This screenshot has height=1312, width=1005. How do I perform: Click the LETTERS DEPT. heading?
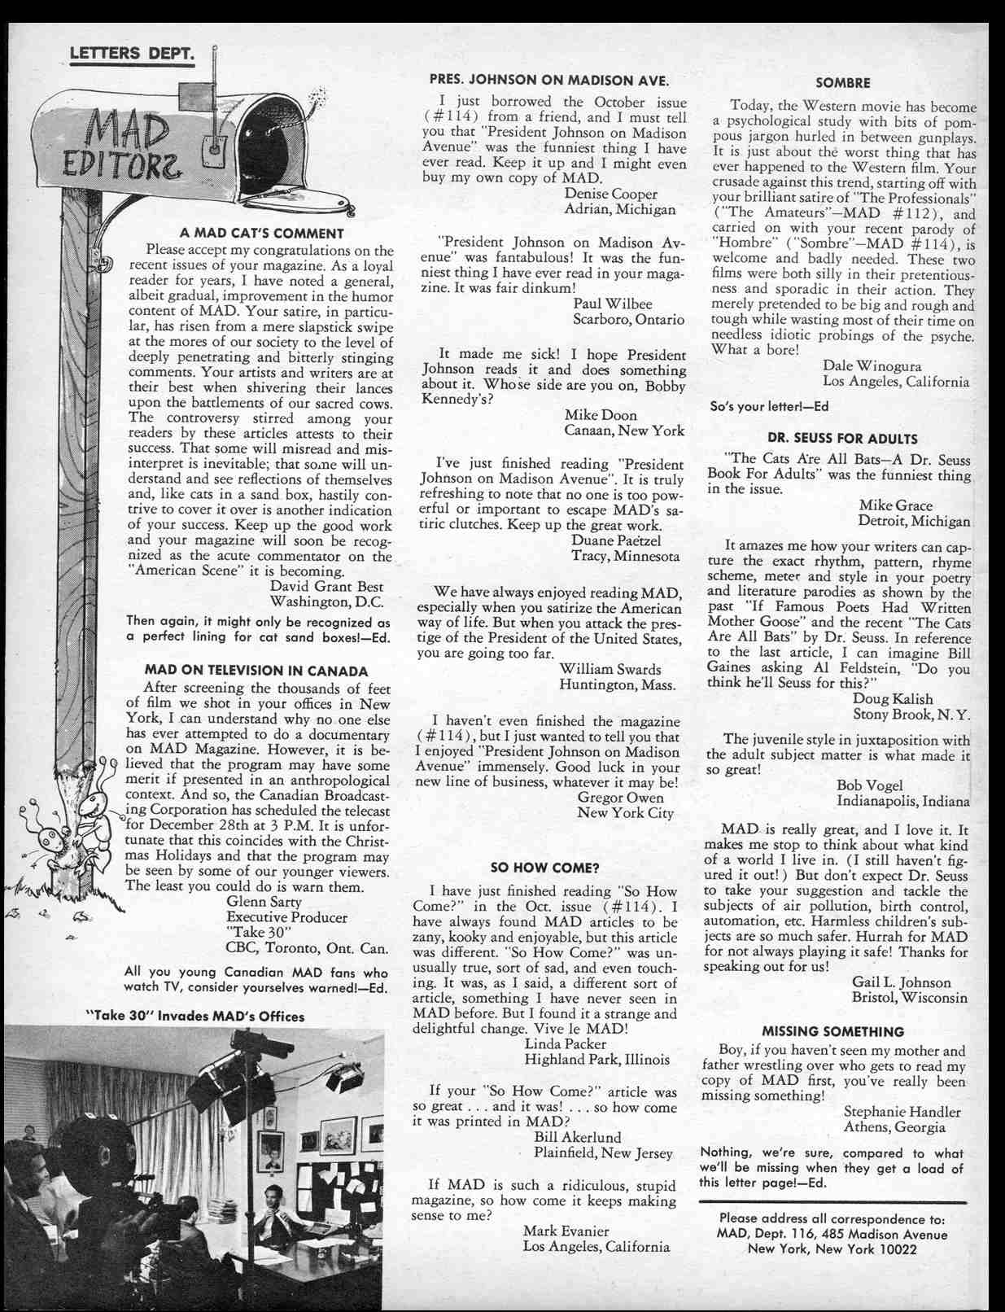click(x=131, y=54)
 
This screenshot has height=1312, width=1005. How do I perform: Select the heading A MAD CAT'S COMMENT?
click(x=261, y=234)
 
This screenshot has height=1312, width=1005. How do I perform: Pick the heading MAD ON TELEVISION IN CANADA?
click(x=256, y=671)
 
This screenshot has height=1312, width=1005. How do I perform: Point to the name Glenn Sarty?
click(x=264, y=902)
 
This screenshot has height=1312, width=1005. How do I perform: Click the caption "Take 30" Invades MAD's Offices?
click(x=195, y=1016)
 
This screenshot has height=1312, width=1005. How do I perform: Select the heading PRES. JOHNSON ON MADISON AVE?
click(x=549, y=80)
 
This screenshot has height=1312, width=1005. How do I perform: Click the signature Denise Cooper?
click(x=610, y=194)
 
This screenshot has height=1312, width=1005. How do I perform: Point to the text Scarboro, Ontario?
click(x=628, y=319)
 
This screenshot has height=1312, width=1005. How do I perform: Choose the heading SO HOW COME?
click(x=544, y=867)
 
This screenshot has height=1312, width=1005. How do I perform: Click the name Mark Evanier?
click(x=566, y=1231)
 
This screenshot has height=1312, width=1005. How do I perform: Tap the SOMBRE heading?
click(x=842, y=82)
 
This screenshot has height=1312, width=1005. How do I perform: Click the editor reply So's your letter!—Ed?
click(x=769, y=405)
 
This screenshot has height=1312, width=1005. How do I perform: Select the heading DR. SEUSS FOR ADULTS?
click(x=843, y=438)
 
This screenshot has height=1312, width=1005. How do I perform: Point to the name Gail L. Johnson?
click(x=901, y=982)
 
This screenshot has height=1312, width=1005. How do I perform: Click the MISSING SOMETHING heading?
click(x=832, y=1031)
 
